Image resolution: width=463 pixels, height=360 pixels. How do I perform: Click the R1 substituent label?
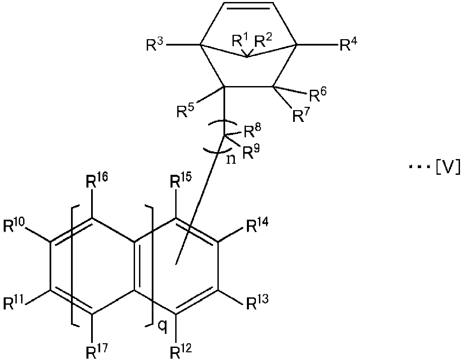[240, 41]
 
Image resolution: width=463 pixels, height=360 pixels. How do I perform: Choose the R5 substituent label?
[186, 111]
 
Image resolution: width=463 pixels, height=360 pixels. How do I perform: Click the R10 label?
[14, 226]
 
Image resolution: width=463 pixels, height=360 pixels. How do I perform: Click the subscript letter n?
[231, 159]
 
